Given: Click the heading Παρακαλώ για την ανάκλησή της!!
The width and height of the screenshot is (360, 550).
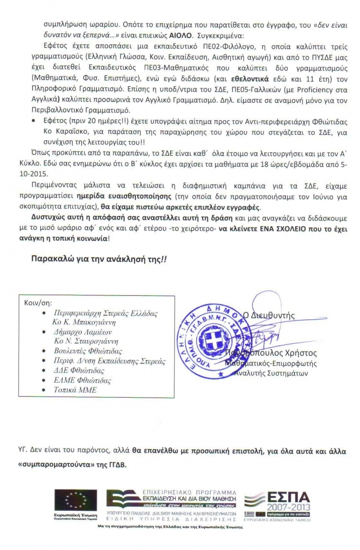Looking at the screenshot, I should click(x=99, y=259).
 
